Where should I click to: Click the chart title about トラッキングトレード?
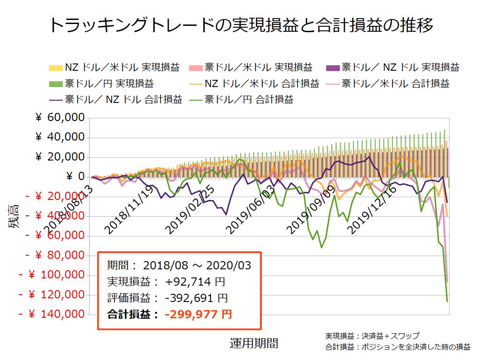pyautogui.click(x=240, y=25)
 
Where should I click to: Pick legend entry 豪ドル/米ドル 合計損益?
pyautogui.click(x=395, y=83)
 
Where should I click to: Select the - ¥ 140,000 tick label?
pyautogui.click(x=52, y=314)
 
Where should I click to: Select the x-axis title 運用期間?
pyautogui.click(x=254, y=343)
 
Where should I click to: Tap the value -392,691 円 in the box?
pyautogui.click(x=196, y=298)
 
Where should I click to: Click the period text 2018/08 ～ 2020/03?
pyautogui.click(x=196, y=266)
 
